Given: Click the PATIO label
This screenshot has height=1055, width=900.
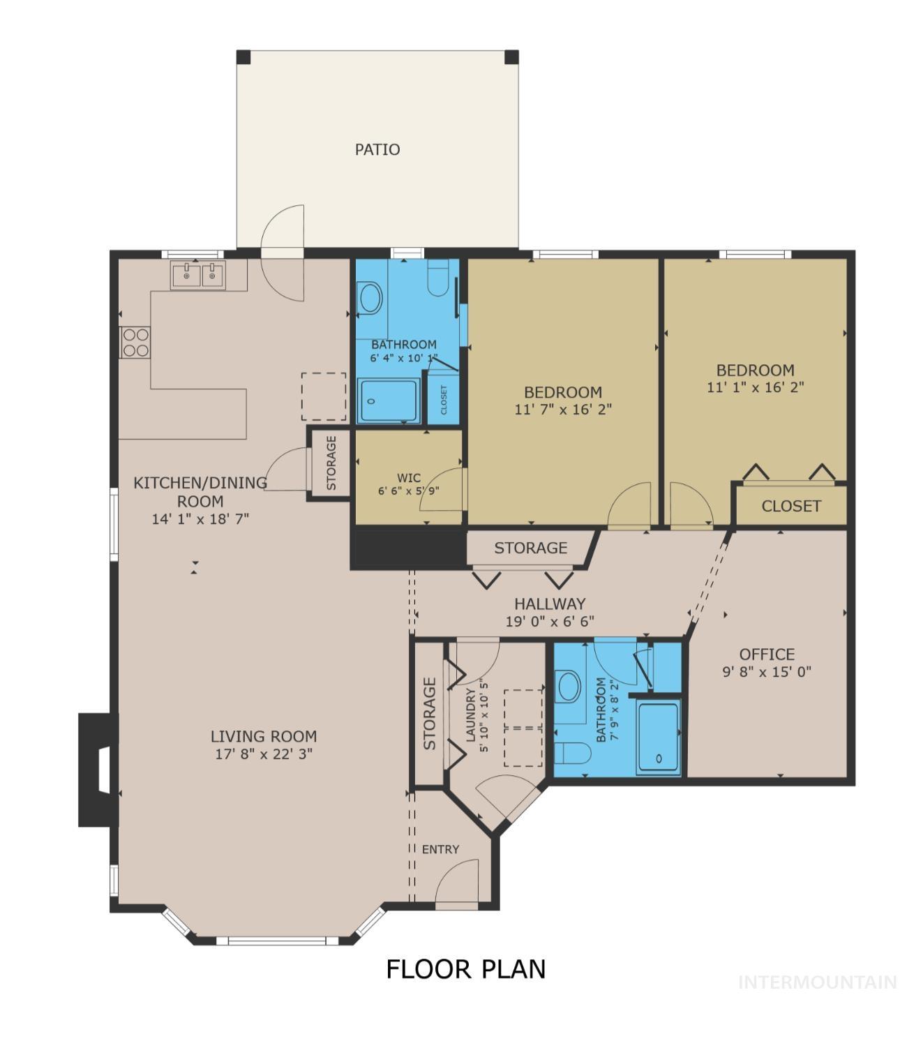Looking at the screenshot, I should tap(377, 149).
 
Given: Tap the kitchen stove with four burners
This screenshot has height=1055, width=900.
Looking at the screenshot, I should tap(135, 343).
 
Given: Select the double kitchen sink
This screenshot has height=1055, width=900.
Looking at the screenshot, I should tap(199, 276).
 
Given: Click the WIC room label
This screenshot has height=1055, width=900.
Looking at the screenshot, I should tap(409, 478).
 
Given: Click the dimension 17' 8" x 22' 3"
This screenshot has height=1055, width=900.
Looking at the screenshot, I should tap(264, 754).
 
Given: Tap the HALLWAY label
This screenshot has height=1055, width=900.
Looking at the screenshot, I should tap(550, 604).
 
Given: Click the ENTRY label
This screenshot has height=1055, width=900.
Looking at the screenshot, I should tap(440, 849).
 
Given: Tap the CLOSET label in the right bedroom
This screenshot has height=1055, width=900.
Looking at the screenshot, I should tap(791, 506).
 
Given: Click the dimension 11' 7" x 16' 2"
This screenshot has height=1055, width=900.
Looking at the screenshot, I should tap(563, 410).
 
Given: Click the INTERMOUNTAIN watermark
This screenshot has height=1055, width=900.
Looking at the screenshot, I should tap(817, 982).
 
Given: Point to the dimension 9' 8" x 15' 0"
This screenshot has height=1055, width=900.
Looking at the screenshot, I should tap(767, 672).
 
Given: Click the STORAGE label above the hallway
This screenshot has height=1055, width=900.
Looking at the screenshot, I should tap(530, 548).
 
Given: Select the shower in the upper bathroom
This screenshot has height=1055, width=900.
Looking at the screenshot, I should tap(389, 401).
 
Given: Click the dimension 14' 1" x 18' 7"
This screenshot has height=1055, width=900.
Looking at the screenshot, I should tap(200, 519).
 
